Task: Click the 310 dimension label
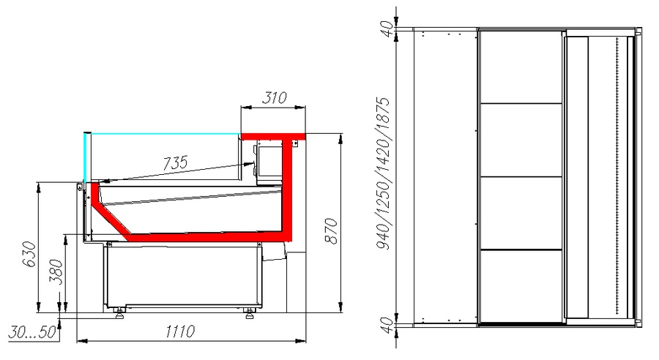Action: (274, 97)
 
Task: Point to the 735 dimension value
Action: (175, 162)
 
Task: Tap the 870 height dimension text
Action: (331, 230)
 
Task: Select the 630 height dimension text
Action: (29, 254)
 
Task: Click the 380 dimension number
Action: (56, 271)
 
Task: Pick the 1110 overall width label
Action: (180, 331)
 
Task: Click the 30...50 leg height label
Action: (32, 332)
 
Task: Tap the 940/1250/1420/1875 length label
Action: (383, 173)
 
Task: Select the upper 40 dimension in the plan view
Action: (387, 29)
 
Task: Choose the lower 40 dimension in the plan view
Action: (387, 324)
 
